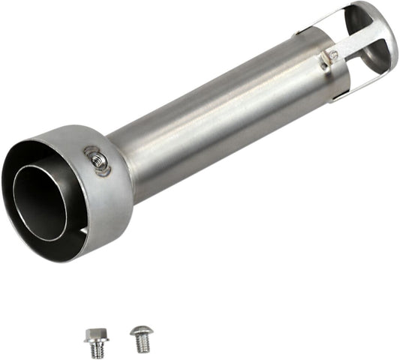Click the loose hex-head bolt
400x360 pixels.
[x=95, y=343]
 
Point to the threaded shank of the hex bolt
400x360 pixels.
[x=97, y=349]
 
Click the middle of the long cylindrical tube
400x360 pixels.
[x=218, y=120]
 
